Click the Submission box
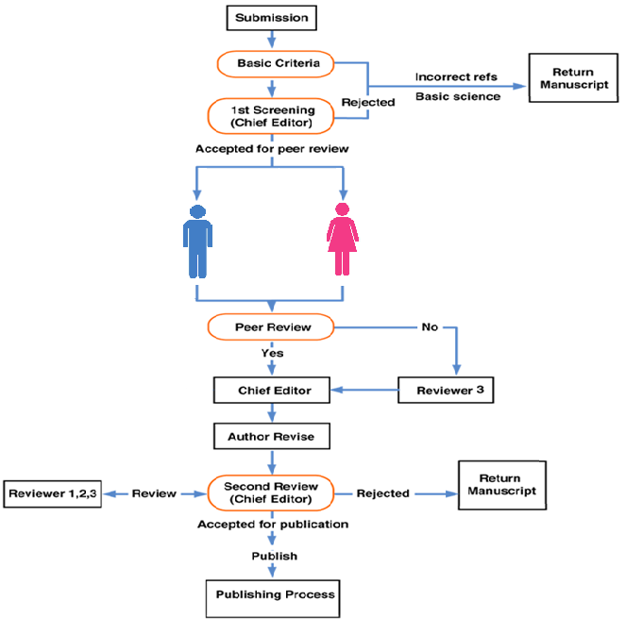coord(272,17)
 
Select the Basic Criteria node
coord(272,64)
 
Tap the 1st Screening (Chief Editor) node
coord(272,116)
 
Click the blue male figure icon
coord(196,240)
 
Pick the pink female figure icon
coord(343,240)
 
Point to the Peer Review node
coord(272,327)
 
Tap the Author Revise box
coord(272,437)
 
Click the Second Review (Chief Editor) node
coord(272,492)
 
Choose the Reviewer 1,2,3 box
coord(54,493)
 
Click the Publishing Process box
coord(272,595)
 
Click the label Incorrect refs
coord(458,76)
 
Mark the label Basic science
coord(458,96)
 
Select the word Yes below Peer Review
coord(272,354)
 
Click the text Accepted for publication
coord(272,524)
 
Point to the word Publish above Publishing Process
coord(272,556)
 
